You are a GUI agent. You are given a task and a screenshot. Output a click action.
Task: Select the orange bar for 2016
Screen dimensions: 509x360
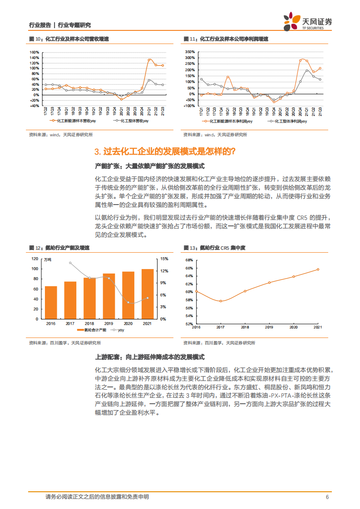pos(51,302)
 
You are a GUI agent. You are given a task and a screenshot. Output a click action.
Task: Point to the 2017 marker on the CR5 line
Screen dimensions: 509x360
pos(220,301)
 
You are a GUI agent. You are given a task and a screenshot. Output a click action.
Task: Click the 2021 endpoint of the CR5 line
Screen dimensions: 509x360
pos(318,269)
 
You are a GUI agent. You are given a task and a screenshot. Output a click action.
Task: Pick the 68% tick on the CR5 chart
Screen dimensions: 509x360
pos(190,260)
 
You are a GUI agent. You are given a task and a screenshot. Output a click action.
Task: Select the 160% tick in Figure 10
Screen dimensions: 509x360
pos(35,52)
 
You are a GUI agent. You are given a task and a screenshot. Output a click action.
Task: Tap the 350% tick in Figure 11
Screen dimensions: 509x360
pos(190,52)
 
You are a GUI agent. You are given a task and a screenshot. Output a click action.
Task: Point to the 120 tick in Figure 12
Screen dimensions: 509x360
pos(35,259)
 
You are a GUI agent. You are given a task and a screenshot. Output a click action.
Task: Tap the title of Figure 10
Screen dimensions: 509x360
pos(68,39)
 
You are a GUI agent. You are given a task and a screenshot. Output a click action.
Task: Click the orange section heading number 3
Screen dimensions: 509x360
pos(97,152)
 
